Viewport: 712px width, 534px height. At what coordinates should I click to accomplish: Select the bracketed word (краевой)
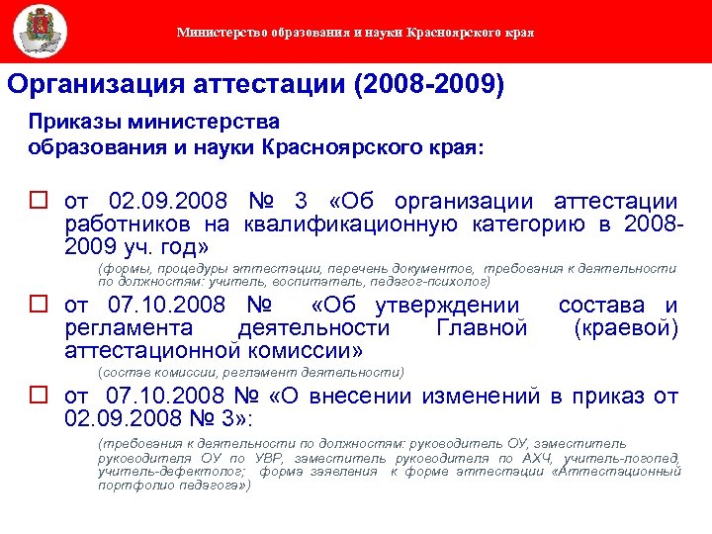pos(626,328)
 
